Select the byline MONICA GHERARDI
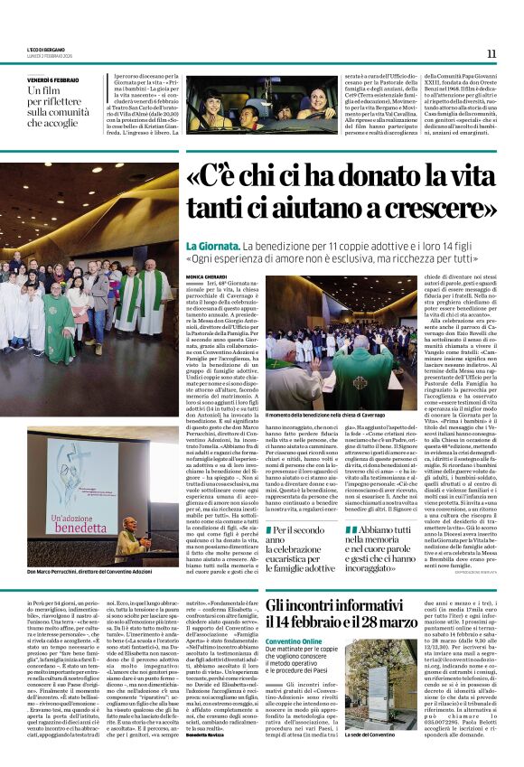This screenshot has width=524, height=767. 207,275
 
